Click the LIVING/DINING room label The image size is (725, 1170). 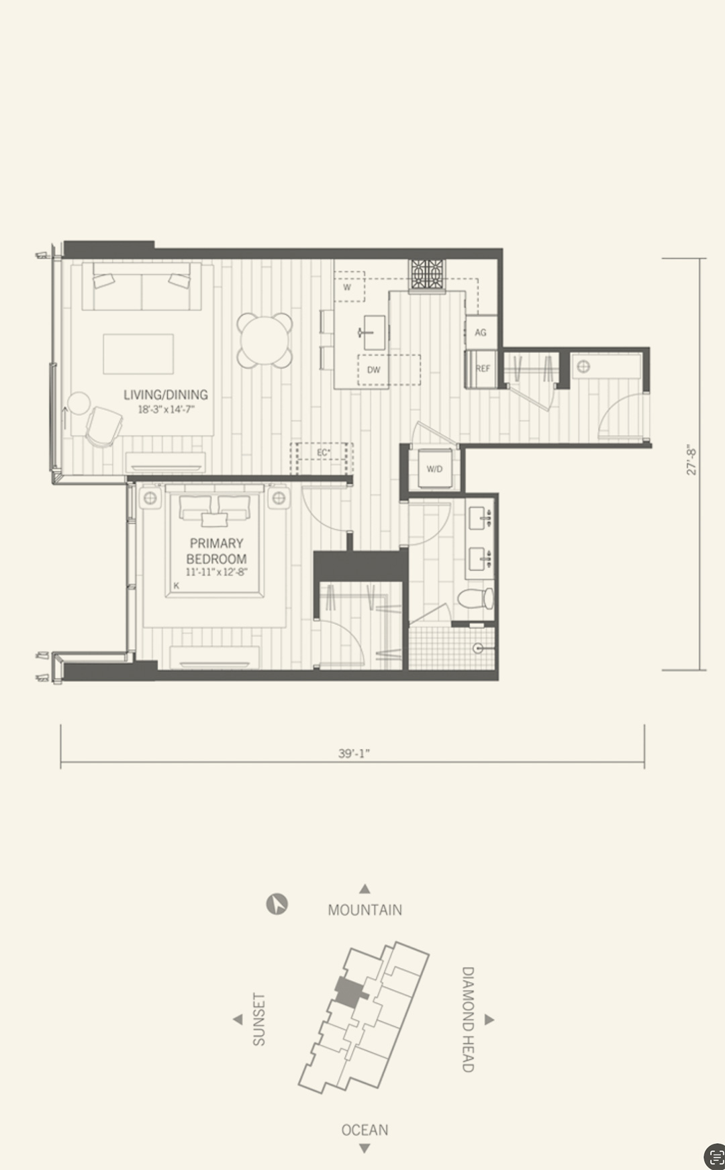click(165, 395)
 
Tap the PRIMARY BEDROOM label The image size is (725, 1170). click(216, 551)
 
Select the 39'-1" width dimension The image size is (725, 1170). click(354, 753)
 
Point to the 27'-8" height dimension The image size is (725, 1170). click(691, 460)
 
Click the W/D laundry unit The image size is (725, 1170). click(434, 469)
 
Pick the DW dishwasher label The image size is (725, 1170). click(373, 370)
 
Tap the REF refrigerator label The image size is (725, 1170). click(483, 369)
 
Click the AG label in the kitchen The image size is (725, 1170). click(481, 332)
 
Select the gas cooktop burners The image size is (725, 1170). click(428, 275)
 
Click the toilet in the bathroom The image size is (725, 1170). click(476, 598)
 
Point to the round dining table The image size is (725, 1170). click(265, 340)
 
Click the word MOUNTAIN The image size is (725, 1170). click(365, 910)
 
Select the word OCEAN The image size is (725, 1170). click(365, 1130)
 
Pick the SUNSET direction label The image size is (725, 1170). click(259, 1020)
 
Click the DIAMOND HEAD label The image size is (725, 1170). click(468, 1020)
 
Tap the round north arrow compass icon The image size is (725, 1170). click(277, 904)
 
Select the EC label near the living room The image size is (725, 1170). click(323, 453)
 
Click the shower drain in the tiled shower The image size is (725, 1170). click(478, 648)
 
